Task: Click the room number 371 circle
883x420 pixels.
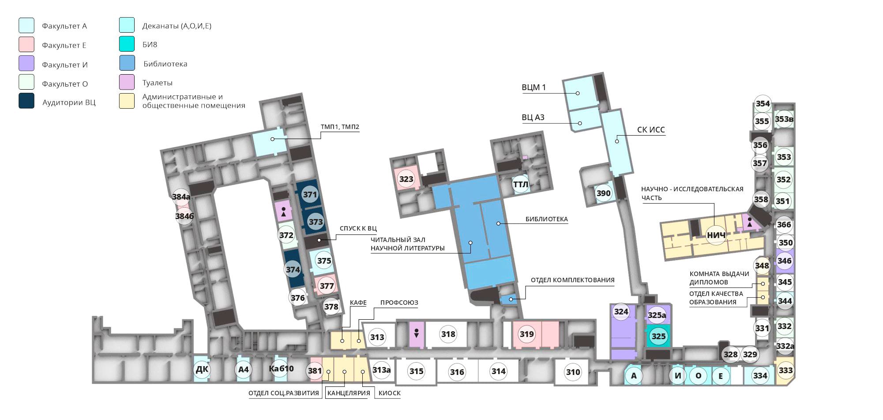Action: coord(310,194)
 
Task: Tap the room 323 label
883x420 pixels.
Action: coord(406,179)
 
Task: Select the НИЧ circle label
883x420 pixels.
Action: coord(716,235)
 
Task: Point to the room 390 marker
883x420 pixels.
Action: coord(603,193)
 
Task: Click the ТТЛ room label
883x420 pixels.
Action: coord(521,184)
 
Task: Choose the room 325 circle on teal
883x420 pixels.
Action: coord(658,336)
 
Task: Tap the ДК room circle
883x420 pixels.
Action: coord(202,369)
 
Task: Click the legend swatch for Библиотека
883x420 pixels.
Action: coord(127,63)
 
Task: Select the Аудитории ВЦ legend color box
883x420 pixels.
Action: coord(26,101)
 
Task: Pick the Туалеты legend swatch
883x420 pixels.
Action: coord(127,82)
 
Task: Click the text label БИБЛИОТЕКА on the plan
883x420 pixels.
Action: coord(546,219)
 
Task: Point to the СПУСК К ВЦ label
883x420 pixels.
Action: coord(358,228)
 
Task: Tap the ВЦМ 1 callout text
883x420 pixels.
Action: coord(534,87)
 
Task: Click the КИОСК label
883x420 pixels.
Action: coord(390,393)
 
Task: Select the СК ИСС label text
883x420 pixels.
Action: coord(651,130)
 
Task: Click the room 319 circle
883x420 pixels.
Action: coord(526,334)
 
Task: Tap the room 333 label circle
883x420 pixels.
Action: coord(785,370)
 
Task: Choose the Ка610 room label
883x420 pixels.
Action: coord(281,369)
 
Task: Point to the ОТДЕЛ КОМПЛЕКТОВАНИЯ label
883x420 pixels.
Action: coord(572,280)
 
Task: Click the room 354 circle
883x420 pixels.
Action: coord(763,104)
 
